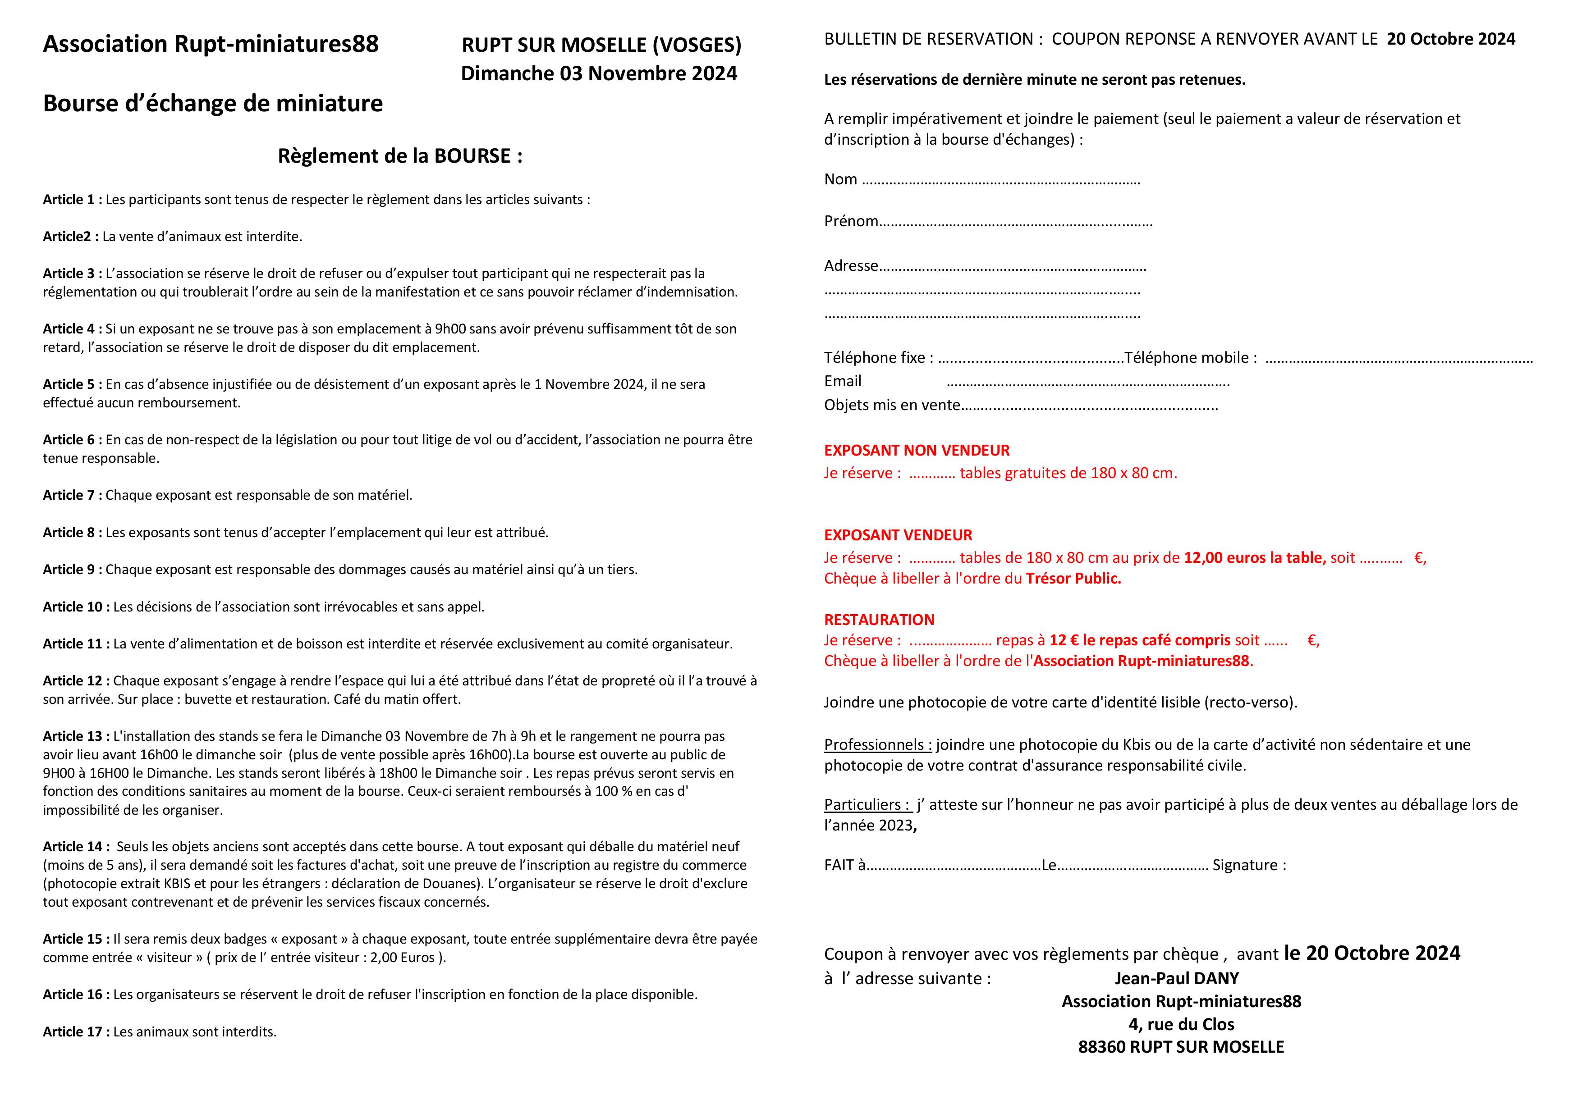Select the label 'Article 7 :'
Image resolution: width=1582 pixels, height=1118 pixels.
tap(72, 495)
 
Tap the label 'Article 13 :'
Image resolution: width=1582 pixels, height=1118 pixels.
tap(76, 736)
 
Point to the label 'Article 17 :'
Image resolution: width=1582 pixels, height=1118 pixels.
tap(76, 1032)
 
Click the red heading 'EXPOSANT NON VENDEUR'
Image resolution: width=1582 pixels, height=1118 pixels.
tap(917, 451)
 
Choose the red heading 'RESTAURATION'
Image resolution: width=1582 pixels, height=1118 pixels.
tap(879, 620)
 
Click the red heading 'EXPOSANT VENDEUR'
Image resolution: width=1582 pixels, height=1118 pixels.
tap(898, 535)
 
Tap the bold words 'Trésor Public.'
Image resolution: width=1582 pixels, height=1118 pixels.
tap(1073, 579)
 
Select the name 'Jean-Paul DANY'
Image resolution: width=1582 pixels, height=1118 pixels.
tap(1176, 978)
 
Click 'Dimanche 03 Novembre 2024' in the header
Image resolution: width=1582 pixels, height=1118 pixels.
tap(599, 74)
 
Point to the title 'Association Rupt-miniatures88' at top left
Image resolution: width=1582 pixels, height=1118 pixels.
tap(211, 44)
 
